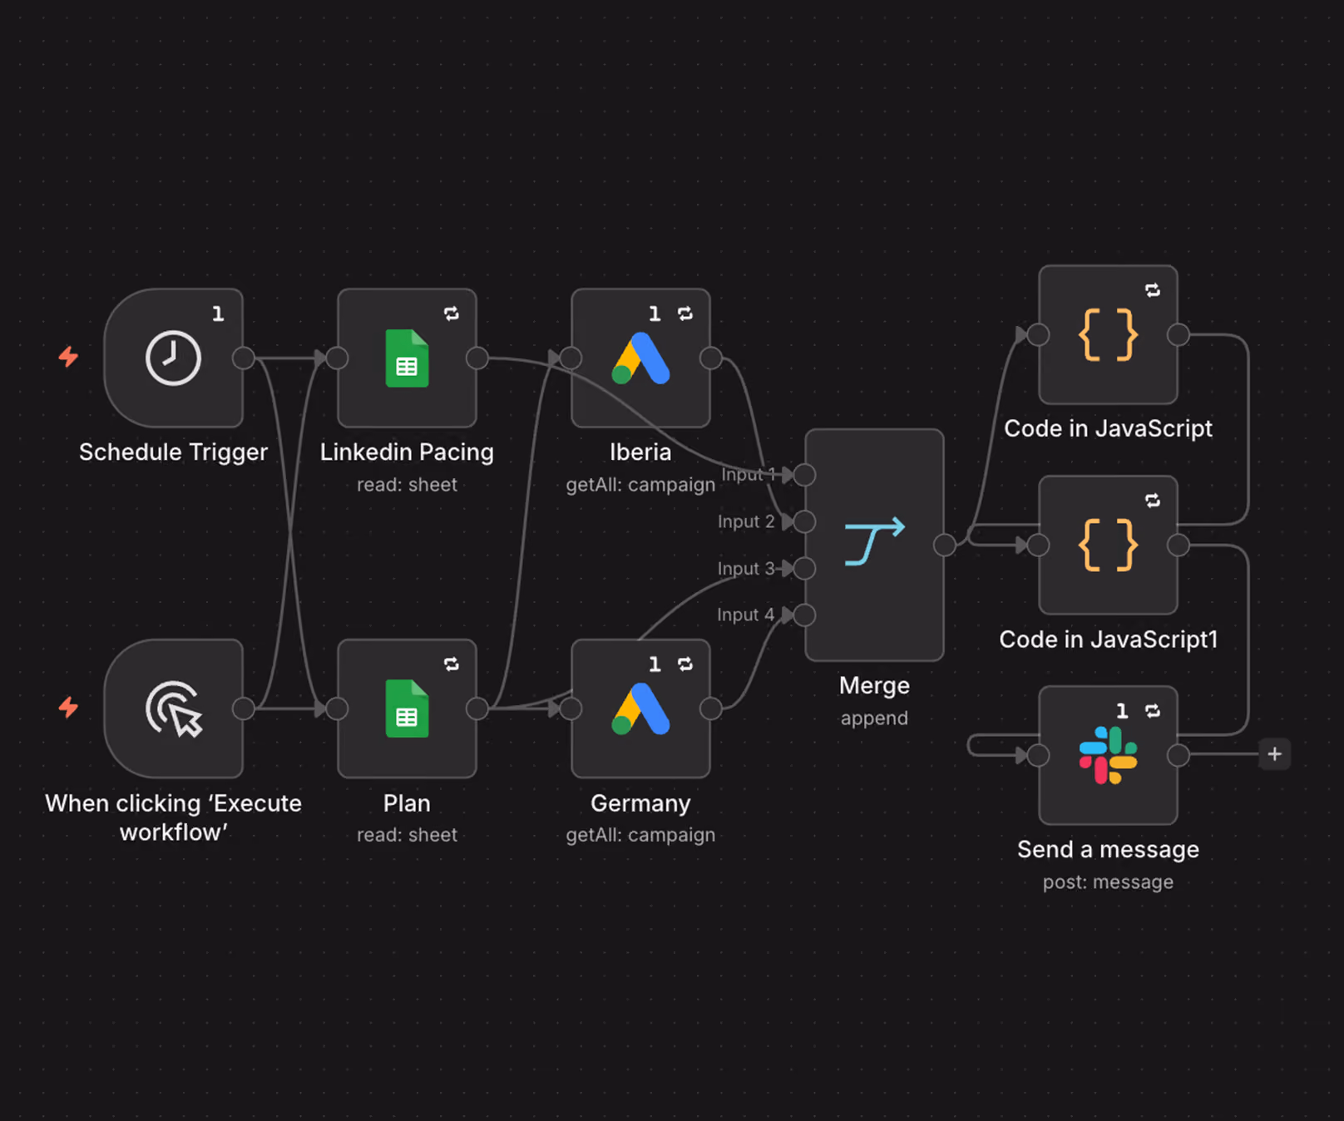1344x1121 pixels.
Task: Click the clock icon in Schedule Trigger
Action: pos(173,358)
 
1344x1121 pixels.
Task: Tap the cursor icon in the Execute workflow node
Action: pos(174,709)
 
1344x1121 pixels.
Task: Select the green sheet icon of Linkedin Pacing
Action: pos(407,358)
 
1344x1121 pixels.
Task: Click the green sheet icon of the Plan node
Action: pos(407,709)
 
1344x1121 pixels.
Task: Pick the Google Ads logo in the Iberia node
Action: pos(640,358)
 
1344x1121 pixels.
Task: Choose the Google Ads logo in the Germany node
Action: pos(640,709)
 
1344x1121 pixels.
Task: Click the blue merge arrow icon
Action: pos(874,541)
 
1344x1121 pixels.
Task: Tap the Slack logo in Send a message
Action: pos(1108,755)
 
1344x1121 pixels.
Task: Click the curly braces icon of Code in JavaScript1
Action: pos(1108,545)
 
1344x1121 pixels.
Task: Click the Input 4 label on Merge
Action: pos(745,615)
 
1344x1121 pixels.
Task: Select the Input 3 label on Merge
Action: pos(745,568)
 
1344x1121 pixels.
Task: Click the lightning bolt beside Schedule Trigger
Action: pos(68,357)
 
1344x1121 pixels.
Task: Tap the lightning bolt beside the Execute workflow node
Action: pos(68,708)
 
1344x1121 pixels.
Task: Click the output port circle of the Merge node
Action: pos(945,545)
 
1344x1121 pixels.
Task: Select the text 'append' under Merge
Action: pos(874,718)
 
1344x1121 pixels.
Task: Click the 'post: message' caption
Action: pos(1108,881)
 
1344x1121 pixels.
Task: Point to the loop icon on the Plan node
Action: pos(452,664)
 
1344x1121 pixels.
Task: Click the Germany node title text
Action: pos(640,803)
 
